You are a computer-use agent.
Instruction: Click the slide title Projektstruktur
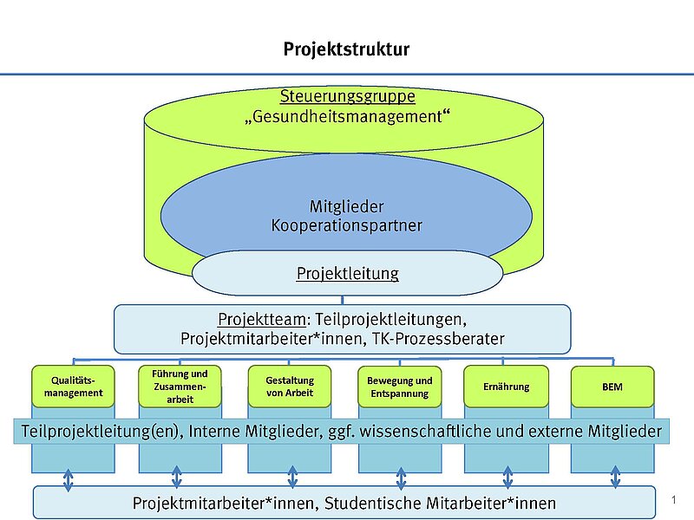[x=346, y=49]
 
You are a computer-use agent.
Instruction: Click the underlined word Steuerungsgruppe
[x=347, y=96]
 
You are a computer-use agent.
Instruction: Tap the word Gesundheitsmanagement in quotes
[x=347, y=115]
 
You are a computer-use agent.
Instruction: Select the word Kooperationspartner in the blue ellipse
[x=347, y=226]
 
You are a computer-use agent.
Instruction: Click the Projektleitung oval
[x=347, y=274]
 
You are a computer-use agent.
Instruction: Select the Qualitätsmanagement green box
[x=72, y=387]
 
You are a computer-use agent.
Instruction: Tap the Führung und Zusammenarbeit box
[x=180, y=387]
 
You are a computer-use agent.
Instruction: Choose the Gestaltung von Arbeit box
[x=291, y=387]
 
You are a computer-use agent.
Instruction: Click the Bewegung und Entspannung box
[x=399, y=387]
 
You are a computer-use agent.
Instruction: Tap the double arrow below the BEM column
[x=616, y=478]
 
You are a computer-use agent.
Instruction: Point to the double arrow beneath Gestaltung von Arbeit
[x=292, y=478]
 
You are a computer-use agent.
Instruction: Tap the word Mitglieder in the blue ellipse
[x=347, y=207]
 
